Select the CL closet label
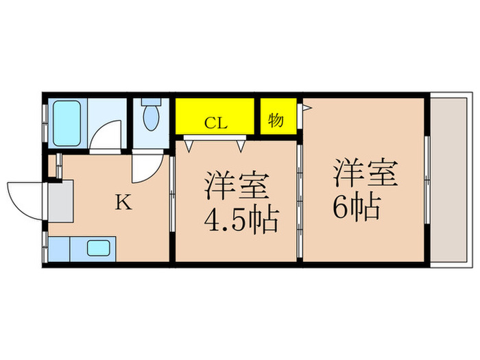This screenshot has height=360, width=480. (216, 123)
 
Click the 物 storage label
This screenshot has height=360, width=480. (276, 121)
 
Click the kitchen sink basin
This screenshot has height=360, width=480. (99, 249)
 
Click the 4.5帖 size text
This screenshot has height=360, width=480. (240, 221)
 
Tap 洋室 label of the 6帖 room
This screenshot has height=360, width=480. (366, 173)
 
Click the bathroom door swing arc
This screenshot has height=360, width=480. (106, 135)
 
